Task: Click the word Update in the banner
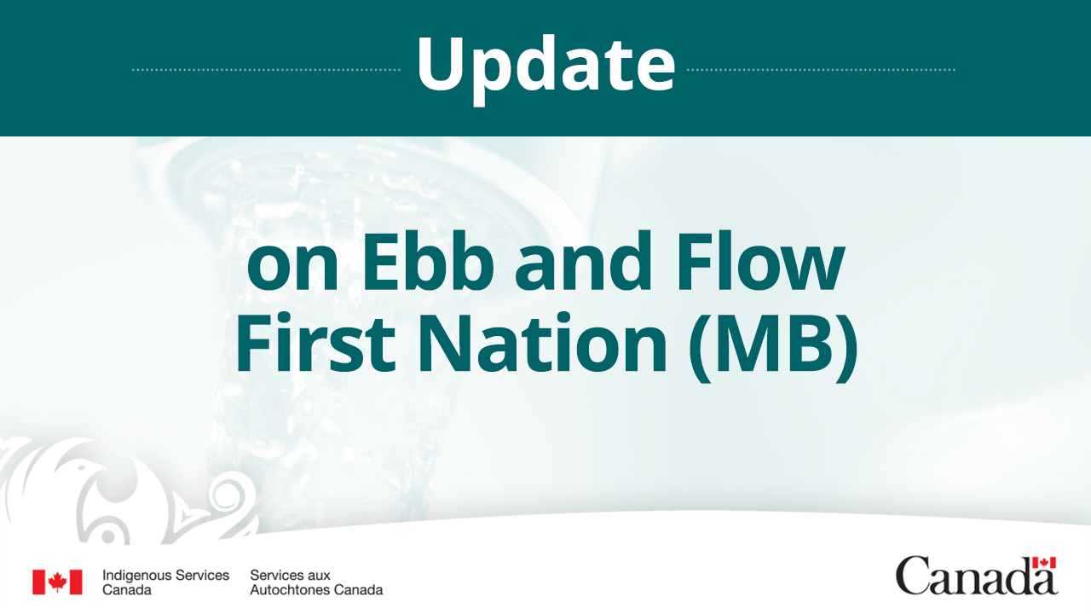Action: [545, 67]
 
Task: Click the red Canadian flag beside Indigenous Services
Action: [57, 582]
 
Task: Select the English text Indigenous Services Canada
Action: [165, 582]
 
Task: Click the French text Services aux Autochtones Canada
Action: [316, 582]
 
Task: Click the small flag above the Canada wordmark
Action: [1044, 563]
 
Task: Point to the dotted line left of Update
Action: [266, 69]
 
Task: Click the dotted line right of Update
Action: [821, 69]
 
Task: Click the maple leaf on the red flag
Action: [57, 582]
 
